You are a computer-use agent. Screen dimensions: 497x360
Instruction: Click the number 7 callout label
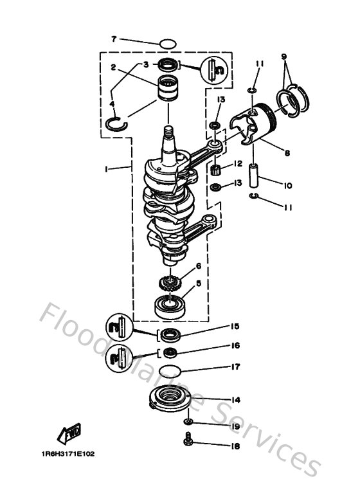coord(114,40)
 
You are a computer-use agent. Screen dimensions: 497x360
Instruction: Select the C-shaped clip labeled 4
coord(116,122)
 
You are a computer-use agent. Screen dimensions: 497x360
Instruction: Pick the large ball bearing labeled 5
coord(170,303)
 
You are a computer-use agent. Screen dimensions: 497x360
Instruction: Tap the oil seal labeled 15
coord(170,334)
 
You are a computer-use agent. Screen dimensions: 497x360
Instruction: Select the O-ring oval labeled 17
coord(170,370)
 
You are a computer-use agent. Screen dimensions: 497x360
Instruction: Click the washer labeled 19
coord(187,422)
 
